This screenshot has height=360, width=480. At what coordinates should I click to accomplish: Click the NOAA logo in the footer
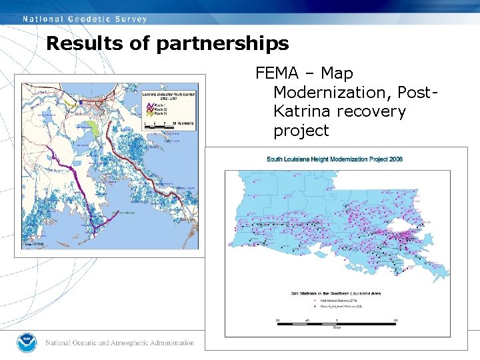[x=27, y=343]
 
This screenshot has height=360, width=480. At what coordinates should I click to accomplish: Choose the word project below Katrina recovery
[x=301, y=130]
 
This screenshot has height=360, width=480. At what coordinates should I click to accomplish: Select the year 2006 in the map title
[x=393, y=159]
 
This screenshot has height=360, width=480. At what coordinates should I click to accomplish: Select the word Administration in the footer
[x=170, y=343]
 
